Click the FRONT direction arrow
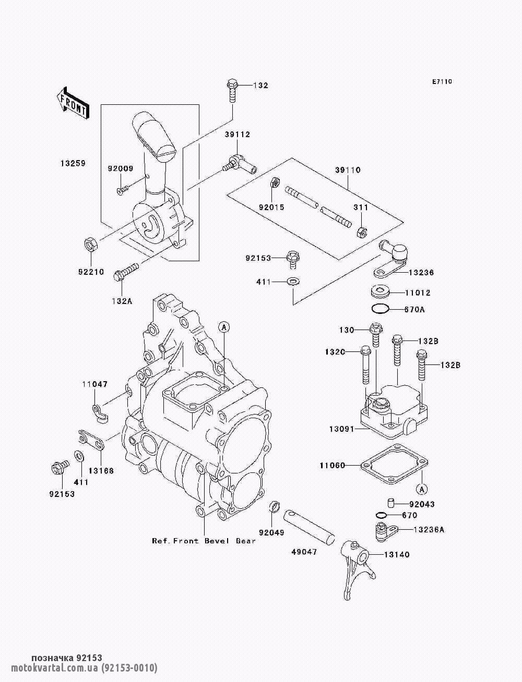[x=73, y=103]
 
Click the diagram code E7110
[x=442, y=82]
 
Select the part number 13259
[x=73, y=163]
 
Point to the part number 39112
[x=238, y=135]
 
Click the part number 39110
[x=348, y=170]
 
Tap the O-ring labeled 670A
[x=380, y=309]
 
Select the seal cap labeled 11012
[x=380, y=292]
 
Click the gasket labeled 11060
[x=394, y=464]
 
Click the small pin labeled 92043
[x=391, y=503]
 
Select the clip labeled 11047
[x=100, y=413]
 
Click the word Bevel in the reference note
[x=217, y=541]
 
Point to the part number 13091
[x=341, y=429]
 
